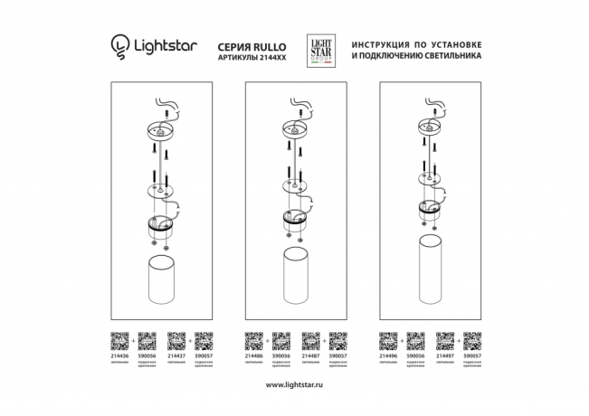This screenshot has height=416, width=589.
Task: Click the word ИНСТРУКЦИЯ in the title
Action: click(385, 43)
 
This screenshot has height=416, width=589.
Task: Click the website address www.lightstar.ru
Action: click(294, 385)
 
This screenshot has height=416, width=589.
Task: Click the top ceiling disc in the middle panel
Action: click(295, 129)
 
